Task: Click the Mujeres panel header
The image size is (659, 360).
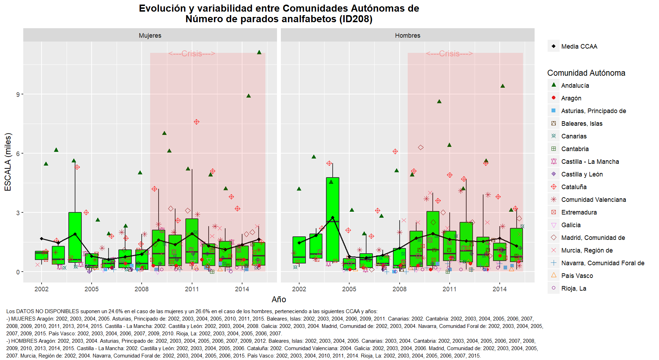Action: tap(150, 36)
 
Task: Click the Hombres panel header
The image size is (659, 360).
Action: tap(407, 36)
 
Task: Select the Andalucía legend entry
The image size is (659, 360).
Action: tap(575, 86)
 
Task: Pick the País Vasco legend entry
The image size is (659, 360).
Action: tap(577, 276)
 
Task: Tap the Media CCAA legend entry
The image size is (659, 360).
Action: tap(579, 46)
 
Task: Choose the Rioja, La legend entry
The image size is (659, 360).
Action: tap(574, 288)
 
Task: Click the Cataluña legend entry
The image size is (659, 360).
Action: tap(574, 187)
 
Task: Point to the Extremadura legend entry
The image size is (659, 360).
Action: tap(579, 212)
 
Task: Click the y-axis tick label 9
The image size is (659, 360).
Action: tap(18, 94)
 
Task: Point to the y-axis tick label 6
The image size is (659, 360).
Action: tap(18, 154)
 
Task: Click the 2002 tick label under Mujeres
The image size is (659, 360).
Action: tap(42, 289)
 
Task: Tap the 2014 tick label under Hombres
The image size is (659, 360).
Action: tap(499, 289)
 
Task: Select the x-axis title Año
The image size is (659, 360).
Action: tap(279, 299)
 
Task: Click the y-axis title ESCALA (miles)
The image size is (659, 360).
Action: tap(8, 162)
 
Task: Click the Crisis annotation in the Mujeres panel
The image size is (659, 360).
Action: tap(192, 54)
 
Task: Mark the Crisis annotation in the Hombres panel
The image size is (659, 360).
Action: tap(449, 54)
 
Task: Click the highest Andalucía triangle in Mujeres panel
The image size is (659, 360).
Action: tap(259, 52)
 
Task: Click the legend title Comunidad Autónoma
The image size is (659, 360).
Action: tap(586, 73)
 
